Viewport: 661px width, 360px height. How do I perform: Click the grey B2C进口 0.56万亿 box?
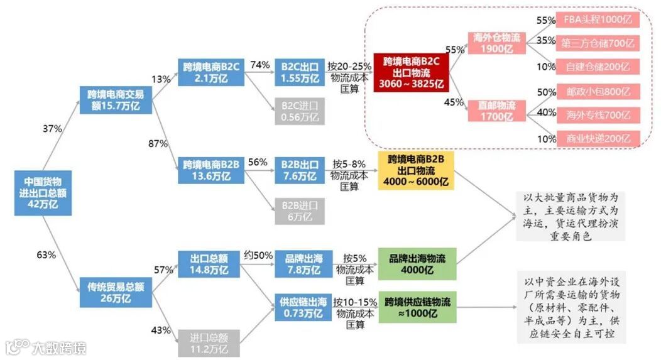[300, 111]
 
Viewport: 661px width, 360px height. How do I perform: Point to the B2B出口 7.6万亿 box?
[300, 171]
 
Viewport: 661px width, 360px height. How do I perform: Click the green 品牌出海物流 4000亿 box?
[415, 264]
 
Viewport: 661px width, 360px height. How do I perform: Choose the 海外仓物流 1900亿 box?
[496, 43]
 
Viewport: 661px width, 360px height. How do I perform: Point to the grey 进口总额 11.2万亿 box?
[208, 342]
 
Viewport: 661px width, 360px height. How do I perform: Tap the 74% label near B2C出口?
[259, 65]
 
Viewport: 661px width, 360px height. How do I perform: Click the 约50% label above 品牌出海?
[258, 255]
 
